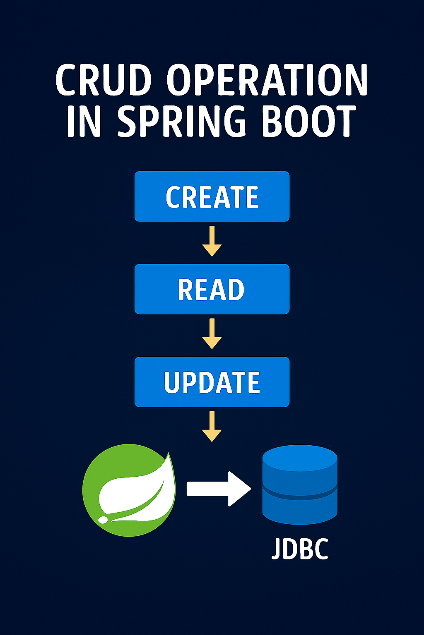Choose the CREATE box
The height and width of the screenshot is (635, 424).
212,196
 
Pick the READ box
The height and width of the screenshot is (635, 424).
212,289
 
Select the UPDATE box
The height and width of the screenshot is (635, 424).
212,382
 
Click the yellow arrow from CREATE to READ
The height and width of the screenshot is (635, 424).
212,241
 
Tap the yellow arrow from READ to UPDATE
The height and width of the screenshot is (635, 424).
212,334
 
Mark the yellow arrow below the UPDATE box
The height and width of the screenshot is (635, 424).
212,426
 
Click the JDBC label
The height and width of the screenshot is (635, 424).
300,549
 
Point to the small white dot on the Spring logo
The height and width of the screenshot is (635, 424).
103,519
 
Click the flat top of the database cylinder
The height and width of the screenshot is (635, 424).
300,457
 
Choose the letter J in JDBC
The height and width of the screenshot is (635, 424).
276,549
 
